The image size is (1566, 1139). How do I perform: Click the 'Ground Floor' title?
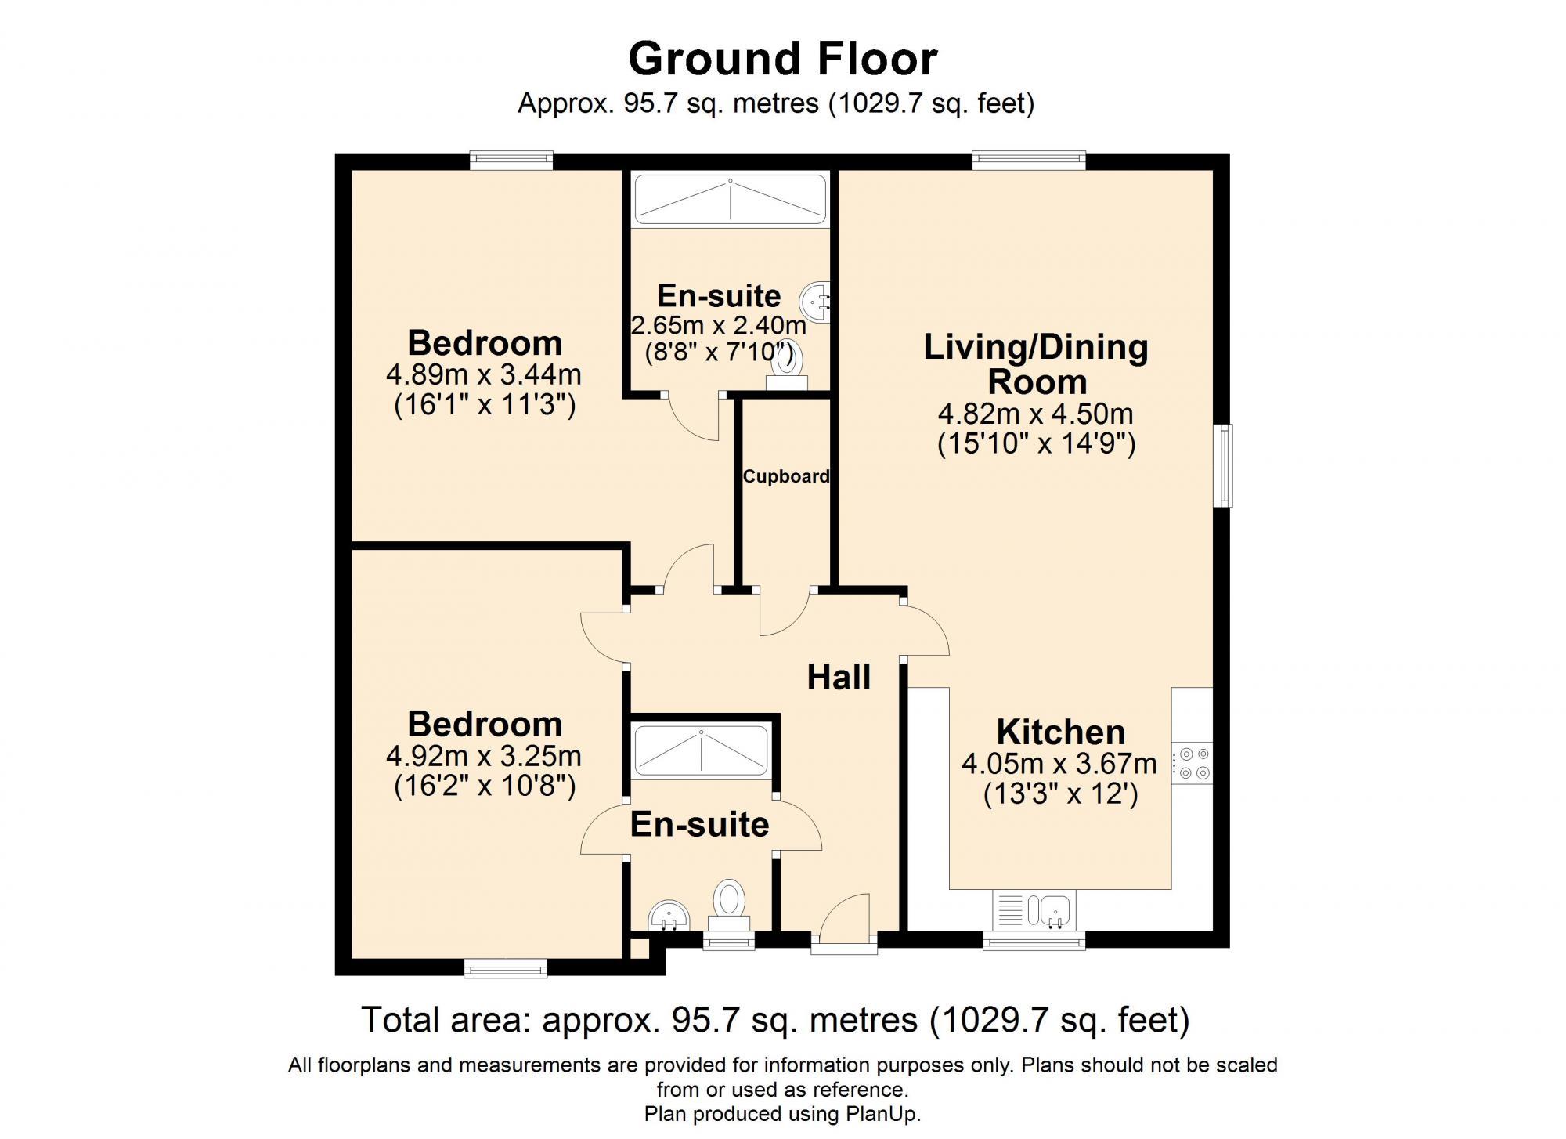click(782, 59)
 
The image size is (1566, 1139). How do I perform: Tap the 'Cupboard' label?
click(785, 476)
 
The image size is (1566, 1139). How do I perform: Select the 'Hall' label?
click(839, 677)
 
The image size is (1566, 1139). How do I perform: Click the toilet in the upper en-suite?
click(785, 367)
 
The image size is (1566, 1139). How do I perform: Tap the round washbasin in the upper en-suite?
click(814, 301)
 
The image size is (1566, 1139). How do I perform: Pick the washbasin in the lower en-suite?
click(669, 914)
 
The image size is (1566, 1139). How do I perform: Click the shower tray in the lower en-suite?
click(701, 750)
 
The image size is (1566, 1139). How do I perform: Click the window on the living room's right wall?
click(1223, 465)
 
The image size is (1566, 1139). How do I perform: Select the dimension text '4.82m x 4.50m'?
click(1035, 414)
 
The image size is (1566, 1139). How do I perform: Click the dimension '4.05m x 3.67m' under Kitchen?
click(1059, 764)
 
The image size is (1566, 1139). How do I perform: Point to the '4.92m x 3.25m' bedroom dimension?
click(483, 756)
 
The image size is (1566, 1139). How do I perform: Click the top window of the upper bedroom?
click(511, 161)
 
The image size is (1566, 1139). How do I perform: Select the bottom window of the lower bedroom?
click(505, 970)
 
